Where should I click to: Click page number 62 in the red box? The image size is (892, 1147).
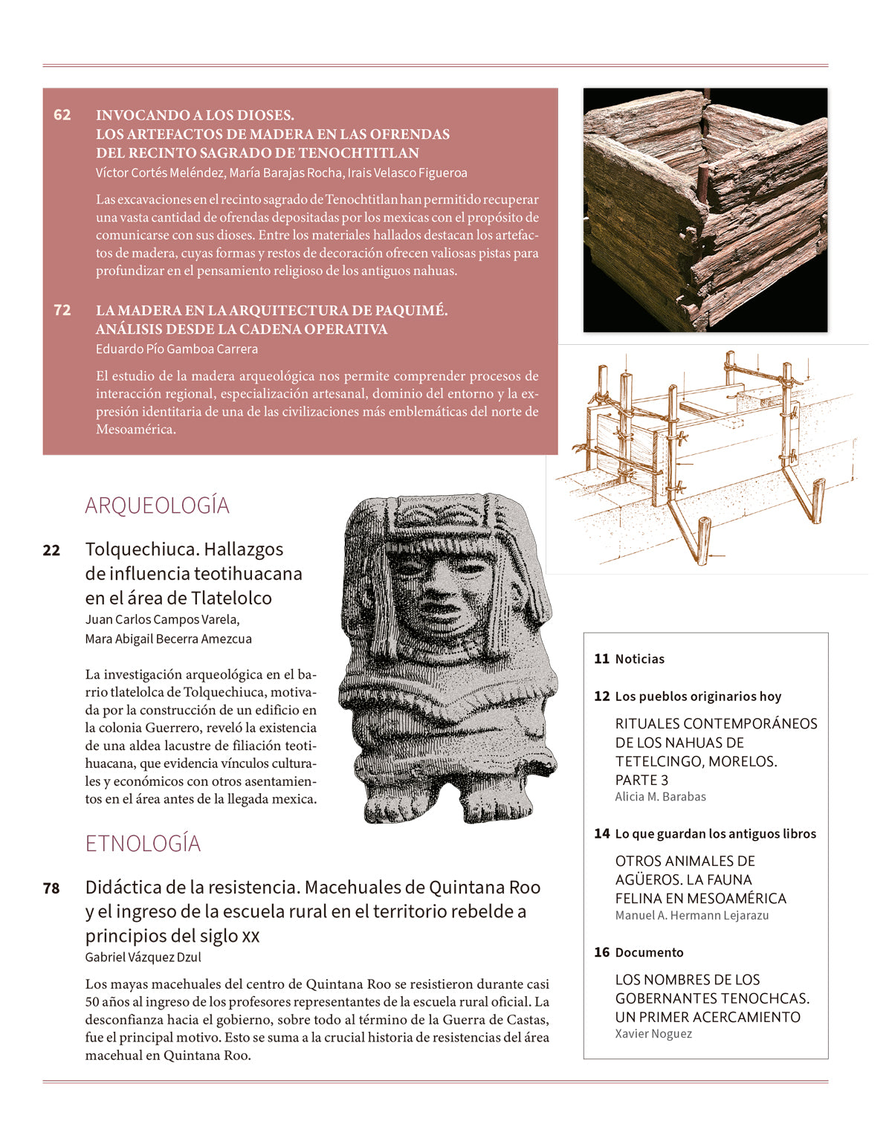click(x=62, y=115)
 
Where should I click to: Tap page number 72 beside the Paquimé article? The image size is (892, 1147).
click(x=62, y=311)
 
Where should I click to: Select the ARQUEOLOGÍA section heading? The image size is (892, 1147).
click(x=157, y=505)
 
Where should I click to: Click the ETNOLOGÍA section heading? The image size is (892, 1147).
click(x=143, y=844)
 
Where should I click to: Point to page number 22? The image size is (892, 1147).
click(x=51, y=551)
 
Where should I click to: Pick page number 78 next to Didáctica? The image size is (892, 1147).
click(x=51, y=888)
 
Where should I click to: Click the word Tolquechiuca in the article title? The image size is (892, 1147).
click(x=141, y=549)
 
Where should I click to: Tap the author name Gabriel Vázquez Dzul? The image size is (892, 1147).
click(x=143, y=957)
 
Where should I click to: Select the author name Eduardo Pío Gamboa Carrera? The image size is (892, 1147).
click(x=177, y=349)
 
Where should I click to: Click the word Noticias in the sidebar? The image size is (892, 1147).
click(x=640, y=659)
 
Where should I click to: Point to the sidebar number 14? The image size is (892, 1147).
click(x=601, y=834)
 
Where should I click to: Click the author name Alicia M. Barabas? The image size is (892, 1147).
click(x=660, y=797)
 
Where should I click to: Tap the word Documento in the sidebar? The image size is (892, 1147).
click(x=649, y=953)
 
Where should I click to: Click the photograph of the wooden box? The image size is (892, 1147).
click(x=705, y=210)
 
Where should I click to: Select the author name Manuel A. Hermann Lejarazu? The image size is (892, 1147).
click(x=691, y=916)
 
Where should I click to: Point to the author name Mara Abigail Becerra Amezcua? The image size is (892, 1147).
click(x=168, y=639)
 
